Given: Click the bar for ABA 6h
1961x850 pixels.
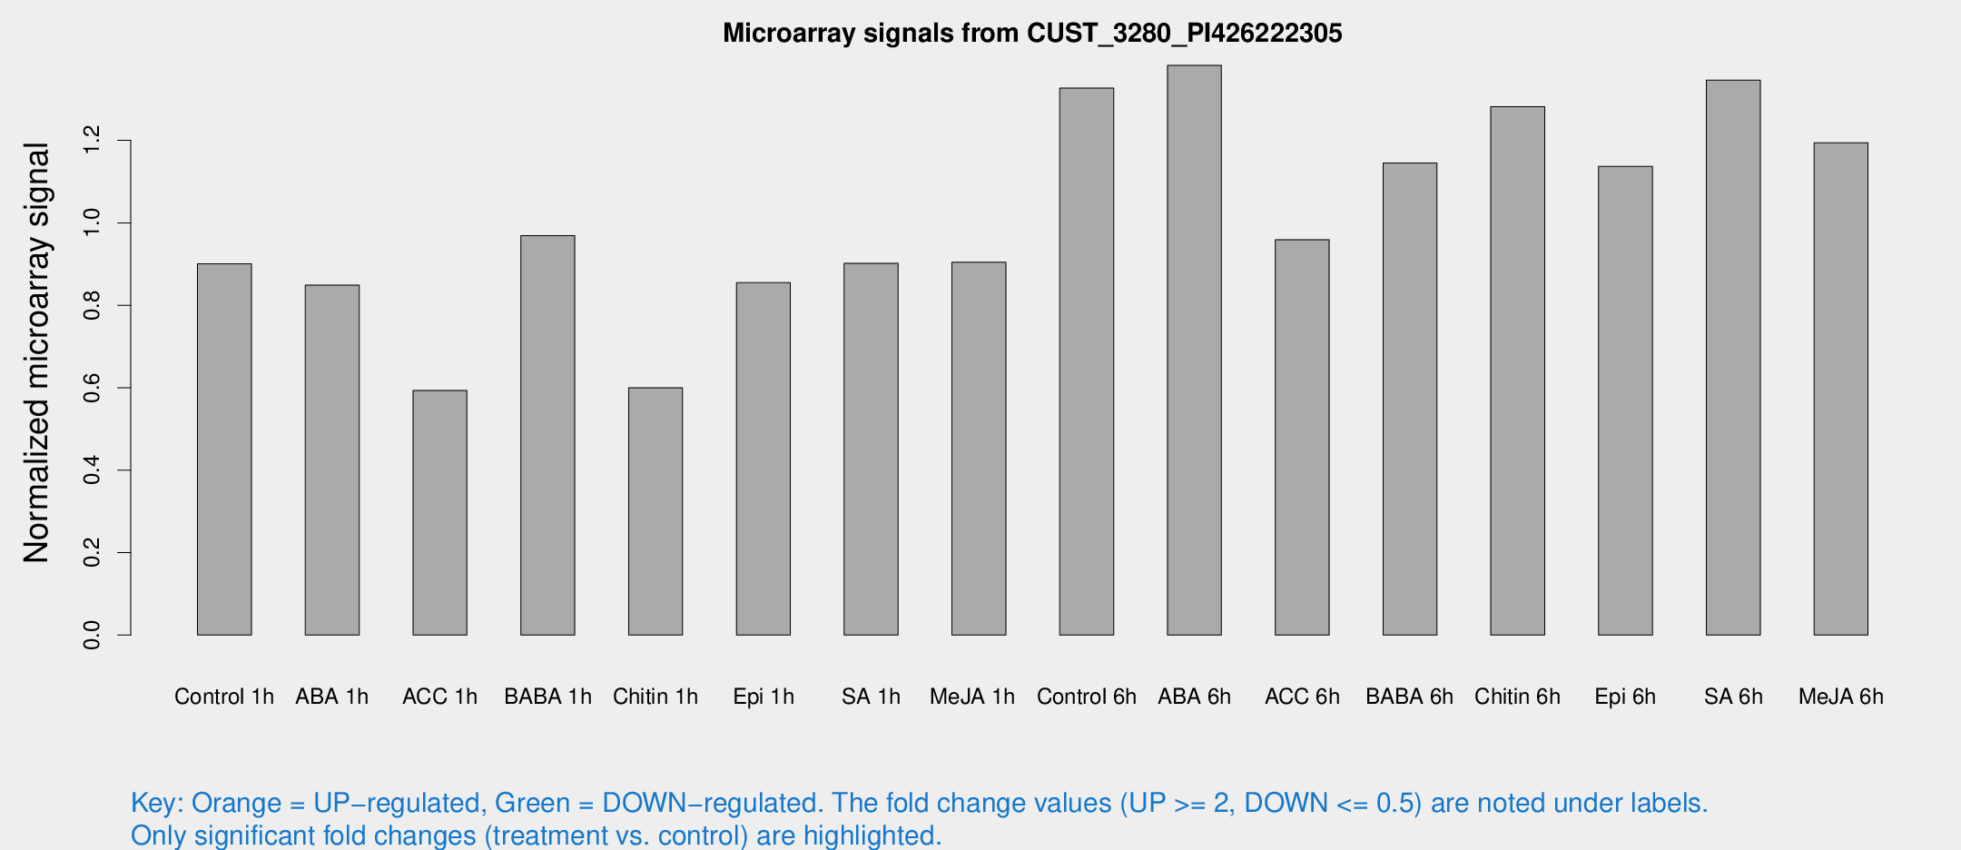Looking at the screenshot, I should (x=1194, y=350).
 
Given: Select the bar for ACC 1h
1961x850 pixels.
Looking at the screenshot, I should (x=439, y=512).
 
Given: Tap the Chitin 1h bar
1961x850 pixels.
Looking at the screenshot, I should (x=655, y=511).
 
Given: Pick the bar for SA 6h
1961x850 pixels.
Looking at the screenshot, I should (x=1733, y=357).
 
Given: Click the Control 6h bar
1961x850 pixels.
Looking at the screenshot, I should (x=1087, y=361).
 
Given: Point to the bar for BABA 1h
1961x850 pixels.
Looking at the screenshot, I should (x=547, y=435).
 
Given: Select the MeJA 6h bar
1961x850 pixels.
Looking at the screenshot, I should (x=1841, y=389).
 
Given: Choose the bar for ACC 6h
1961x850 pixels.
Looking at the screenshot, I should (x=1302, y=437).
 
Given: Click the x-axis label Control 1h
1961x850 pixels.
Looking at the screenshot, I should (x=224, y=697).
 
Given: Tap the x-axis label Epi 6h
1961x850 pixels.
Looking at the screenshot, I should (x=1625, y=697).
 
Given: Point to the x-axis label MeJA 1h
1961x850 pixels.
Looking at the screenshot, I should (x=972, y=697).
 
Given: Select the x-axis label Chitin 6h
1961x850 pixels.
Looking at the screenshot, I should (x=1517, y=697).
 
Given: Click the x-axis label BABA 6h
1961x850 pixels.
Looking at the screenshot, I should (x=1409, y=697).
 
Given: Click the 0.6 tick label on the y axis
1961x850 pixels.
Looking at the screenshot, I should (x=92, y=388).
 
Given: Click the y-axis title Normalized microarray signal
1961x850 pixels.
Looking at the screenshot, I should (x=36, y=352).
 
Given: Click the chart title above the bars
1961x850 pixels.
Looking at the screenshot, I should (x=1032, y=34).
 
